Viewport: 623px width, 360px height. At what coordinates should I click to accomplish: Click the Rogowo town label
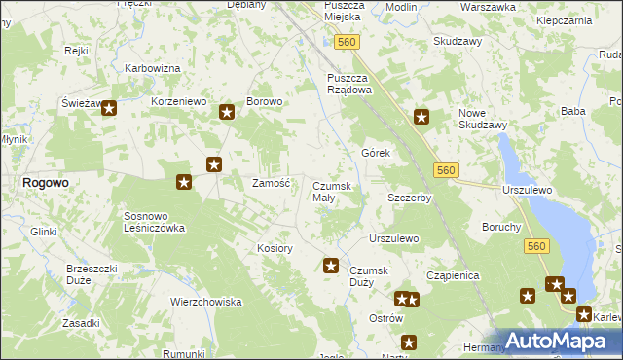point(46,182)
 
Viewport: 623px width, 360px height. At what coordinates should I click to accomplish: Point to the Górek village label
point(376,154)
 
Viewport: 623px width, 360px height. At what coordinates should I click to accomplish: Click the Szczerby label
point(409,198)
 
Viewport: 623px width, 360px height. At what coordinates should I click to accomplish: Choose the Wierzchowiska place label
point(205,302)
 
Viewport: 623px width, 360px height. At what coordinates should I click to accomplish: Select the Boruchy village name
point(501,227)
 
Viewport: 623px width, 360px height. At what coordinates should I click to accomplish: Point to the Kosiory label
point(275,248)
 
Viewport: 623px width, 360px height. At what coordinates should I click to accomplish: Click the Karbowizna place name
point(153,69)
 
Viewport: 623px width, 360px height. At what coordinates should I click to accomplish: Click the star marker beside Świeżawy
point(109,110)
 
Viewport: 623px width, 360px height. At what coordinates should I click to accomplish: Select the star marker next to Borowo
point(227,113)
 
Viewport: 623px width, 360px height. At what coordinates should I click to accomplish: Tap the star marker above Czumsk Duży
point(331,266)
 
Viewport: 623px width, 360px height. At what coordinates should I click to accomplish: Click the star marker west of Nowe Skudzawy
point(421,118)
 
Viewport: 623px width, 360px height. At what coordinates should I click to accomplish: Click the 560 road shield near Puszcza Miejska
point(347,42)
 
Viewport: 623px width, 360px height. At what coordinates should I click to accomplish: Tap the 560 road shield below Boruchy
point(535,248)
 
